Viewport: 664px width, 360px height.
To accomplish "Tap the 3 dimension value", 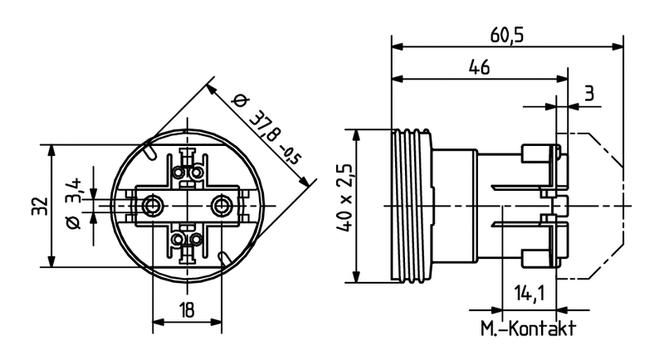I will [588, 93].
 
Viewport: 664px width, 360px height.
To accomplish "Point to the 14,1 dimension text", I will [529, 294].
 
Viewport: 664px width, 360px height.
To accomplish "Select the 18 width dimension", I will [188, 310].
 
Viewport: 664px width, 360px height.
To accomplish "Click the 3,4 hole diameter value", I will [74, 188].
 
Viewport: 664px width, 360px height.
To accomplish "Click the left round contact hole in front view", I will [153, 204].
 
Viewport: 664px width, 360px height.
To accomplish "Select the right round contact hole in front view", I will [222, 204].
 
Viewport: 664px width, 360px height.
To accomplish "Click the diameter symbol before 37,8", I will [240, 100].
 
